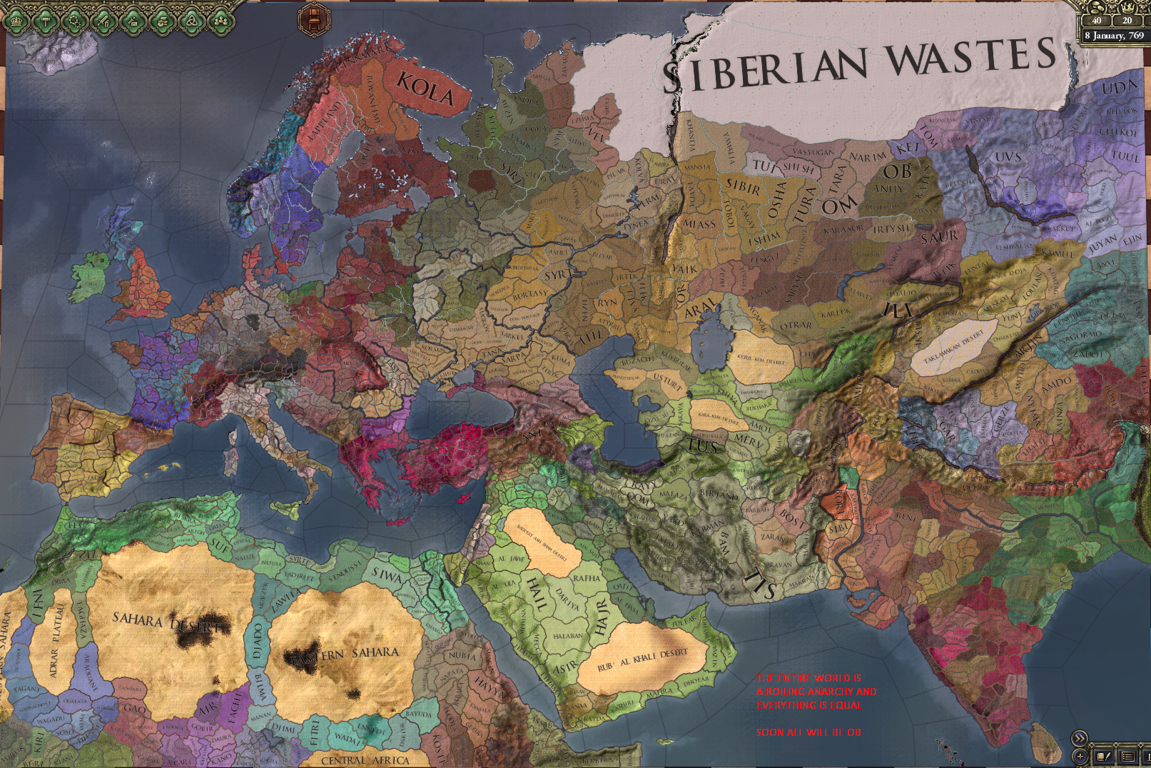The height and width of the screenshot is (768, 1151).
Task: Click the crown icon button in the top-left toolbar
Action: pyautogui.click(x=16, y=21)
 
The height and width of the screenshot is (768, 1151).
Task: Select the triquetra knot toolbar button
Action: pyautogui.click(x=191, y=21)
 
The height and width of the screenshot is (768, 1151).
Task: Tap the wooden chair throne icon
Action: pyautogui.click(x=314, y=19)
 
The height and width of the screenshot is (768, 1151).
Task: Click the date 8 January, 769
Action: pyautogui.click(x=1114, y=36)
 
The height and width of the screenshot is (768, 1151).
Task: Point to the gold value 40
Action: pyautogui.click(x=1097, y=21)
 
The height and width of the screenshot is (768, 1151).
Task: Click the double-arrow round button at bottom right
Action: pyautogui.click(x=1080, y=739)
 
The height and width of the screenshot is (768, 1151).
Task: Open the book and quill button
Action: pyautogui.click(x=1104, y=756)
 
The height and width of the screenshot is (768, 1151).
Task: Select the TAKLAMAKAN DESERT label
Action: pyautogui.click(x=953, y=346)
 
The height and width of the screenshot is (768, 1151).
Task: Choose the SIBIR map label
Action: pyautogui.click(x=743, y=186)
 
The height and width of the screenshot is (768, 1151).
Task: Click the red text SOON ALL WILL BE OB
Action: pyautogui.click(x=808, y=732)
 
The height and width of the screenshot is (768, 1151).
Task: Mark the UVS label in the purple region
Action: pyautogui.click(x=1008, y=157)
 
